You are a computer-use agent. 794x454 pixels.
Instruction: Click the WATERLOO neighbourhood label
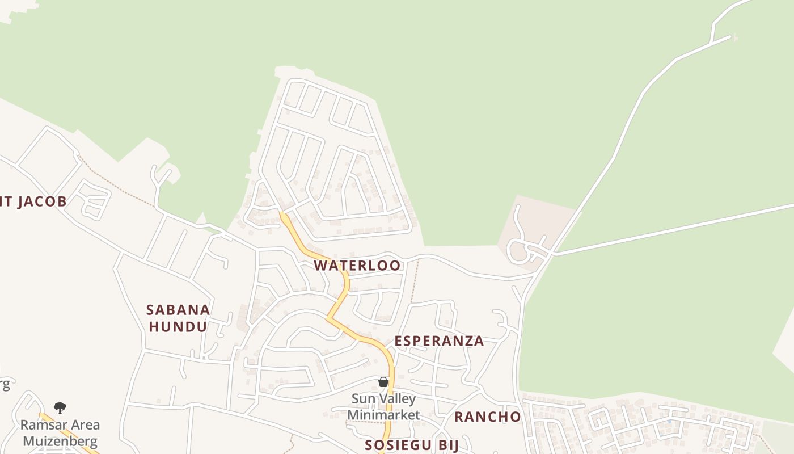click(357, 266)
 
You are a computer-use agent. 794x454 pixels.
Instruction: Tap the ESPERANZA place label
click(439, 341)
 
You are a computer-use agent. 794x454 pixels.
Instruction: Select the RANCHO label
click(487, 417)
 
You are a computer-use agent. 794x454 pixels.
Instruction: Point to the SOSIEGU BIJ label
click(411, 445)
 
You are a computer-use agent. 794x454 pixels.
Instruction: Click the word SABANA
click(178, 310)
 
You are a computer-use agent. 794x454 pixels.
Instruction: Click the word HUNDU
click(178, 327)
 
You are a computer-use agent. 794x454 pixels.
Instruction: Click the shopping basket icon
click(383, 382)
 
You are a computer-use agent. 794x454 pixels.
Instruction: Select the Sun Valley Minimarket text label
click(383, 407)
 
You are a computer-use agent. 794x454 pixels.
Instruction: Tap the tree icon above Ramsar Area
click(60, 407)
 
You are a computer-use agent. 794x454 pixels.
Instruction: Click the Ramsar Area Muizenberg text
click(60, 433)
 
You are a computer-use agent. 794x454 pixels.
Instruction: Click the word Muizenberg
click(60, 442)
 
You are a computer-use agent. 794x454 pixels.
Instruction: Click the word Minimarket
click(383, 415)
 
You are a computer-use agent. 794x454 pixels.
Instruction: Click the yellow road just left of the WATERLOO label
click(303, 248)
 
